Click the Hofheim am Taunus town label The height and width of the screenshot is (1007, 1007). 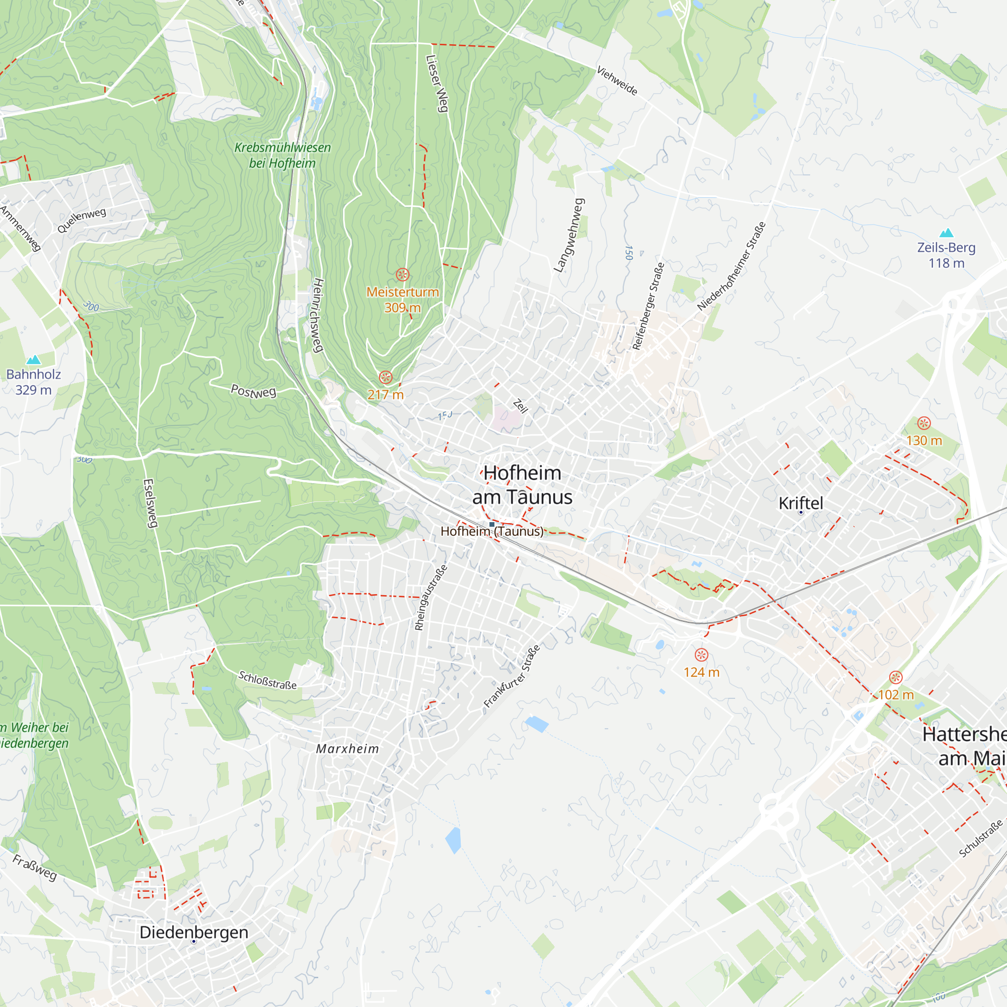pyautogui.click(x=522, y=485)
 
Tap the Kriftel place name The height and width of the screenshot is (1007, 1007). pyautogui.click(x=801, y=503)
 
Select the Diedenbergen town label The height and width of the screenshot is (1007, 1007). pyautogui.click(x=194, y=932)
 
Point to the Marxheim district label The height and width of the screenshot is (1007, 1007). pyautogui.click(x=347, y=749)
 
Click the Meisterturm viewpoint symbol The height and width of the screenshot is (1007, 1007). pyautogui.click(x=402, y=274)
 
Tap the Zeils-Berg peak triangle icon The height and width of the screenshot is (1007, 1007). pyautogui.click(x=947, y=233)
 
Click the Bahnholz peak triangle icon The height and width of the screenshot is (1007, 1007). pyautogui.click(x=33, y=359)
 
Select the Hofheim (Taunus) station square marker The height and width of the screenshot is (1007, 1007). pyautogui.click(x=491, y=524)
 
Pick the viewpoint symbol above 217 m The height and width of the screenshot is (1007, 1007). pyautogui.click(x=386, y=377)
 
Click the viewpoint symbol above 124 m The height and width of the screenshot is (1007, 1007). pyautogui.click(x=701, y=655)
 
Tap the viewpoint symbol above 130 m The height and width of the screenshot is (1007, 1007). pyautogui.click(x=924, y=423)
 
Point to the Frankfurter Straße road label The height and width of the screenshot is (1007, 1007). pyautogui.click(x=512, y=676)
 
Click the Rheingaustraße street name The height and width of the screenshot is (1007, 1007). pyautogui.click(x=430, y=597)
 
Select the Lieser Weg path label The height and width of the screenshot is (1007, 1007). pyautogui.click(x=437, y=84)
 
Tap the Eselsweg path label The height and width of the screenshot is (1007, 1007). pyautogui.click(x=150, y=503)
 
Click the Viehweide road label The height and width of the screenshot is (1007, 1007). pyautogui.click(x=617, y=81)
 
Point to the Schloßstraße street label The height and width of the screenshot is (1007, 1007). pyautogui.click(x=267, y=680)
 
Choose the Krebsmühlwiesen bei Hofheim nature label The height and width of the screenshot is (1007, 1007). pyautogui.click(x=282, y=155)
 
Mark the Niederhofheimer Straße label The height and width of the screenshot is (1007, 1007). pyautogui.click(x=732, y=266)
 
